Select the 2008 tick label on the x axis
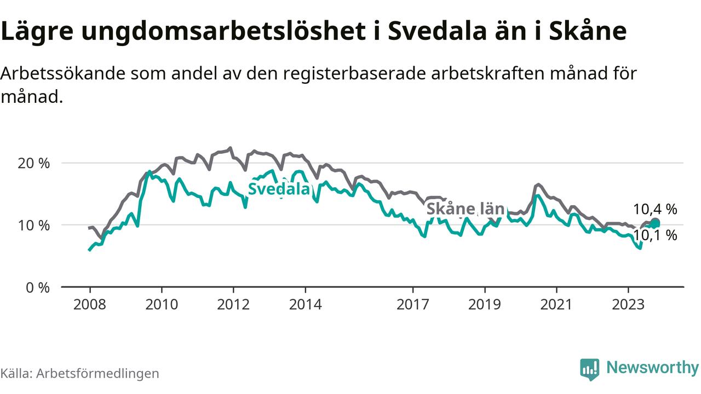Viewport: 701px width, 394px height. coord(90,304)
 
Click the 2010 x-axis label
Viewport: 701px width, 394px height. coord(162,304)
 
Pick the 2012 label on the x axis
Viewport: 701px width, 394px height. coord(233,304)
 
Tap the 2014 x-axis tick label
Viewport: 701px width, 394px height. coord(305,304)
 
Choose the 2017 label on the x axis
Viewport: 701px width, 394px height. coord(412,304)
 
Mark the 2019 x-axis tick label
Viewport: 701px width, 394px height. coord(484,304)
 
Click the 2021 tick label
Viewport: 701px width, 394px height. coord(556,304)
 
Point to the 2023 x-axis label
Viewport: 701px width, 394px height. coord(628,304)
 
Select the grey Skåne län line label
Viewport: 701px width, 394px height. coord(465,209)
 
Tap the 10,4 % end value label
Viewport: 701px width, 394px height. coord(655,209)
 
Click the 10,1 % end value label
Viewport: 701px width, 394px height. coord(655,236)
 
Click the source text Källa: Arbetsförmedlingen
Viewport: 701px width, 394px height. coord(80,373)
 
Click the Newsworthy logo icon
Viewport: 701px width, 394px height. coord(589,369)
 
